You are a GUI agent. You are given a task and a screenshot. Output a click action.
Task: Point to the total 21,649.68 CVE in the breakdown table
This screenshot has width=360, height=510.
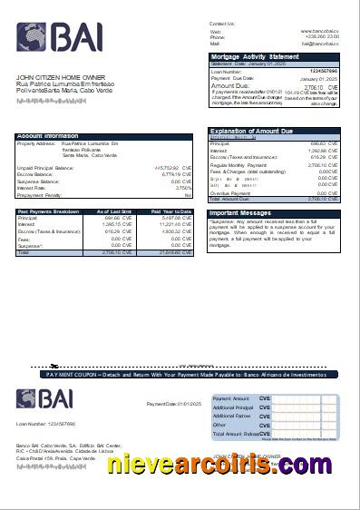click(x=173, y=252)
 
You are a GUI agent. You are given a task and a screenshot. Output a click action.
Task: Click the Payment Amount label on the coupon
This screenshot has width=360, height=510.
click(x=231, y=398)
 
